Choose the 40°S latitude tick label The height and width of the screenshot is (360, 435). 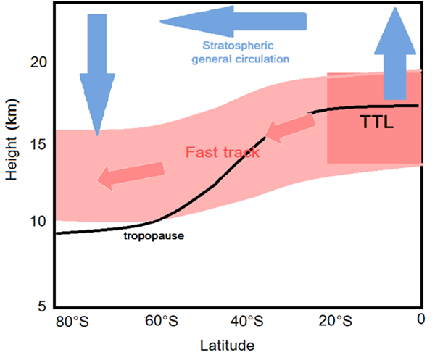tap(246, 320)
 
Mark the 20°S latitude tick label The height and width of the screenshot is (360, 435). tap(335, 320)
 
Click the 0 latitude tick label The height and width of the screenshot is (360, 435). tap(420, 320)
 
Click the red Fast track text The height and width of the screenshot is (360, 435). tap(223, 153)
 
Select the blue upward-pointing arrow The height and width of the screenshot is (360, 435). tap(395, 54)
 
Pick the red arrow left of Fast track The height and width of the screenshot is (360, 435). tap(130, 175)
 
